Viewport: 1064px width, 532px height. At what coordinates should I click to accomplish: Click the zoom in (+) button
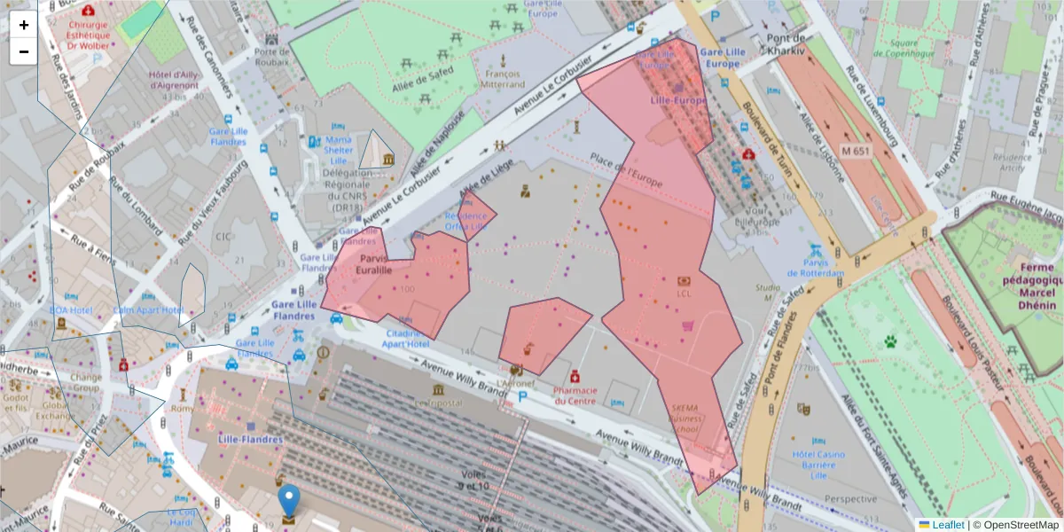pyautogui.click(x=23, y=25)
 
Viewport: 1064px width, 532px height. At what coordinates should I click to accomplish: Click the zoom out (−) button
pyautogui.click(x=23, y=51)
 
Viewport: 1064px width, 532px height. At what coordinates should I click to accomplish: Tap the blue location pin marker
pyautogui.click(x=289, y=502)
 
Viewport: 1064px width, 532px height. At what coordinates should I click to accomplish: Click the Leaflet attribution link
pyautogui.click(x=948, y=525)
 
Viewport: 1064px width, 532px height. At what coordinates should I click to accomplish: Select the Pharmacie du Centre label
pyautogui.click(x=575, y=395)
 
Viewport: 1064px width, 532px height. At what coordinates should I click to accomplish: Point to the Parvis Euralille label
pyautogui.click(x=373, y=263)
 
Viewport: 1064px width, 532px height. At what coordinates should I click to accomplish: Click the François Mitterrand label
pyautogui.click(x=504, y=79)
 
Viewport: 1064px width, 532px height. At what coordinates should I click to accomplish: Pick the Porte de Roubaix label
pyautogui.click(x=272, y=56)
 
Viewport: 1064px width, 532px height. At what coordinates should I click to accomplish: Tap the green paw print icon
pyautogui.click(x=890, y=340)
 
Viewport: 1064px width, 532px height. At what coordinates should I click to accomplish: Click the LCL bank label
pyautogui.click(x=684, y=293)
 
